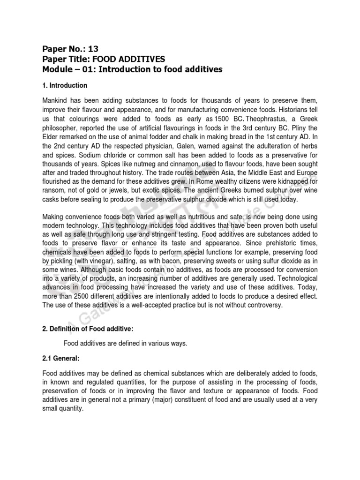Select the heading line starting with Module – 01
pos(132,69)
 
